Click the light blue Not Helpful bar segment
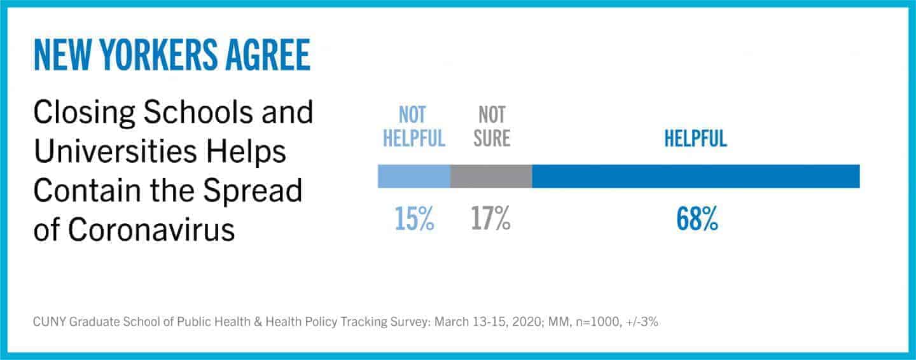click(413, 176)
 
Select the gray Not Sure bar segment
click(491, 176)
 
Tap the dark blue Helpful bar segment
click(696, 176)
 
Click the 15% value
click(414, 219)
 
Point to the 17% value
click(490, 219)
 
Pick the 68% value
click(697, 219)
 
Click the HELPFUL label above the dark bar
click(695, 139)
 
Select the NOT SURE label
click(492, 127)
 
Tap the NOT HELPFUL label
click(414, 127)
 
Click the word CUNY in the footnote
click(48, 322)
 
